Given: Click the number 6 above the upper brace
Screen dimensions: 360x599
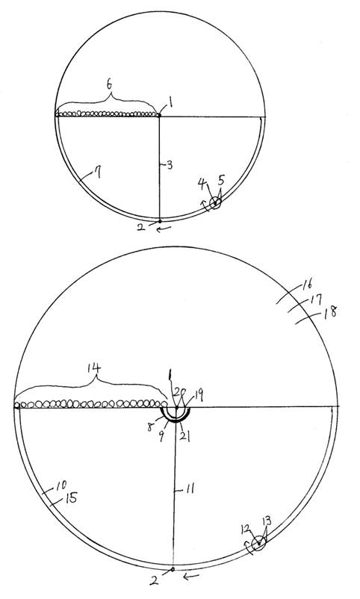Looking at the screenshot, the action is [x=110, y=86].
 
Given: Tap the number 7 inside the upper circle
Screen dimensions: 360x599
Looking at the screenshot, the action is [x=98, y=173].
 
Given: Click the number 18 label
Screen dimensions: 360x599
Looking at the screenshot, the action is [x=331, y=312].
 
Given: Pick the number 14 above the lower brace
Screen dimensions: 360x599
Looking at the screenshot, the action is [x=94, y=368].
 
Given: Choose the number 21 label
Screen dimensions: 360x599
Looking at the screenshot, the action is [x=185, y=436].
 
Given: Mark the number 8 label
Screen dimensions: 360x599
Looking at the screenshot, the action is [x=150, y=426].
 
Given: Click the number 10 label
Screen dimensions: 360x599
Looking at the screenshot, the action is [x=60, y=485].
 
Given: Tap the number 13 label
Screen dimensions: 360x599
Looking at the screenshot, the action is [x=267, y=521].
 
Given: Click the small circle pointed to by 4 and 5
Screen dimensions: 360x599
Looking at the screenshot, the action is [x=216, y=203].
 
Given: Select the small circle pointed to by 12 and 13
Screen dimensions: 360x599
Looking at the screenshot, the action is [x=258, y=543].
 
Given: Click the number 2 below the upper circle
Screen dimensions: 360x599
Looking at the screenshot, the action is [x=141, y=227].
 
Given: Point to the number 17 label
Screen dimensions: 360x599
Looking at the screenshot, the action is [x=317, y=299].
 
